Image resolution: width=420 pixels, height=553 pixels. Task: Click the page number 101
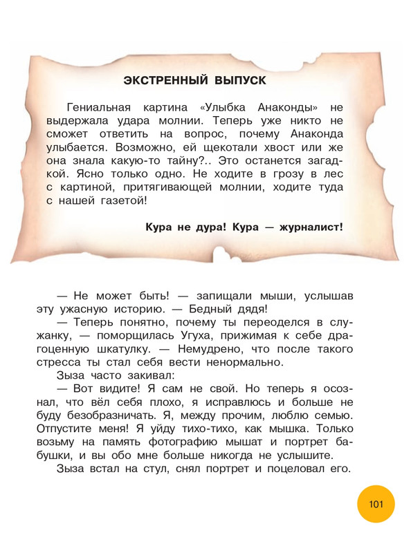(x=376, y=503)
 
